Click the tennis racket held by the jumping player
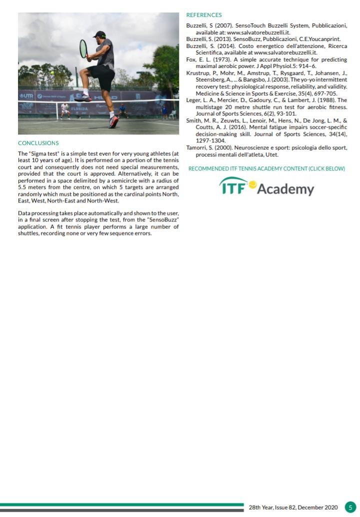tap(83, 49)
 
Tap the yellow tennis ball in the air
tap(52, 72)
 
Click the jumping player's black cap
tap(100, 34)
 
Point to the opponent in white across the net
tap(64, 109)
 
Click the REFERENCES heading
tap(203, 15)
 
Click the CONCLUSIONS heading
tap(38, 143)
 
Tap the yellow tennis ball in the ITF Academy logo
tap(252, 184)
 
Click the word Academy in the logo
tap(286, 189)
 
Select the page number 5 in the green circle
tap(350, 507)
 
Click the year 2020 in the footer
tap(329, 507)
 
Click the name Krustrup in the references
tap(197, 72)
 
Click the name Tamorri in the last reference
tap(197, 147)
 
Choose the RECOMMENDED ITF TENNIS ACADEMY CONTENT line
tap(266, 168)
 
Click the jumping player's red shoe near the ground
tap(114, 121)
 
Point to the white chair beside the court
tap(172, 114)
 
